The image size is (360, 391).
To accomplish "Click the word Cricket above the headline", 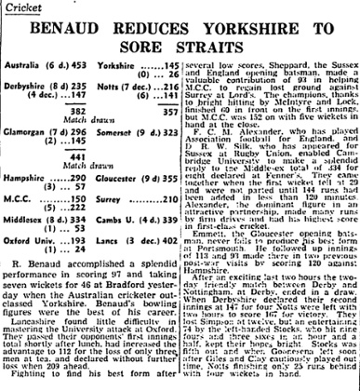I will [20, 7].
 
